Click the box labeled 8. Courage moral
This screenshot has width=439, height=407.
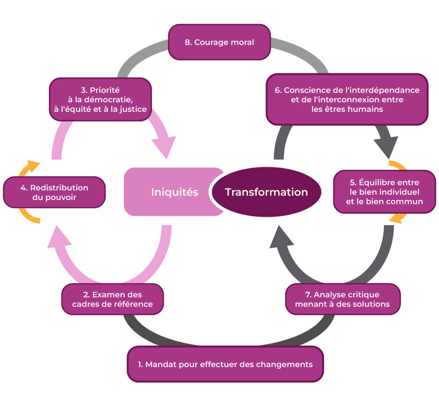coord(219,42)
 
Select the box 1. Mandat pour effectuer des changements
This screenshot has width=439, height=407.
coord(225,364)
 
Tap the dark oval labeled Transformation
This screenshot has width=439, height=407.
coord(266,192)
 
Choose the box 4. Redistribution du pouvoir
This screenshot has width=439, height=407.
coord(54,192)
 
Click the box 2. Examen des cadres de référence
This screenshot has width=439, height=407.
coord(112,299)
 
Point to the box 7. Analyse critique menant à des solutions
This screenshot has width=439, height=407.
coord(343,299)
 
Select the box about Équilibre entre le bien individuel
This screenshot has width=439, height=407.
coord(384,192)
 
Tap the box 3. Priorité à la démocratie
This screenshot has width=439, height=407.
coord(100,99)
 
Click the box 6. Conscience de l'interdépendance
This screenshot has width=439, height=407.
coord(347,99)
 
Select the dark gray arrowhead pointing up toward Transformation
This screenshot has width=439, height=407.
coord(281,239)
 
